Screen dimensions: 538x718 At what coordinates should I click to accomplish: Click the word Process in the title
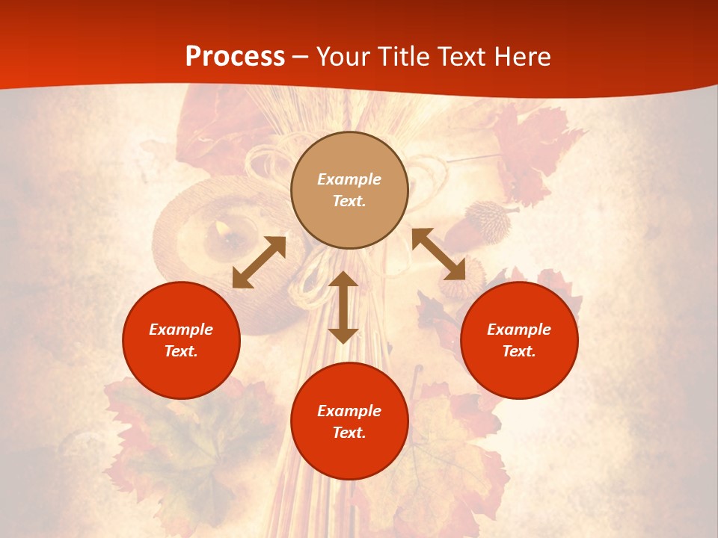click(x=235, y=57)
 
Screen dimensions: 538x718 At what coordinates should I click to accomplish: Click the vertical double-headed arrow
click(x=343, y=307)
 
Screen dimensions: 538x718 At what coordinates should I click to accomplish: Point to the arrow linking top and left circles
click(x=259, y=262)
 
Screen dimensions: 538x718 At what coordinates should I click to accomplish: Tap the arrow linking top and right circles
click(x=438, y=254)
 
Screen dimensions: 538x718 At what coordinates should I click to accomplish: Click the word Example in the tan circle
click(x=349, y=179)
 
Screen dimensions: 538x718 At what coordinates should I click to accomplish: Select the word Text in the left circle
click(x=181, y=351)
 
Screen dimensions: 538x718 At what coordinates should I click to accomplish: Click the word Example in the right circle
click(x=519, y=330)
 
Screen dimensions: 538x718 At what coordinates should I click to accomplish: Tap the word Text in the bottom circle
click(x=349, y=433)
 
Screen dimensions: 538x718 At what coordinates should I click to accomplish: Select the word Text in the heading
click(x=463, y=57)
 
